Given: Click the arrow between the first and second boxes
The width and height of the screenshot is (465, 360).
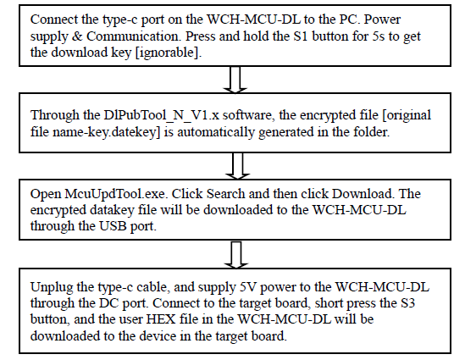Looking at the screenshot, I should (238, 80).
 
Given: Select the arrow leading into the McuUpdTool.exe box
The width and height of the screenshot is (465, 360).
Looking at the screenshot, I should (238, 160).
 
